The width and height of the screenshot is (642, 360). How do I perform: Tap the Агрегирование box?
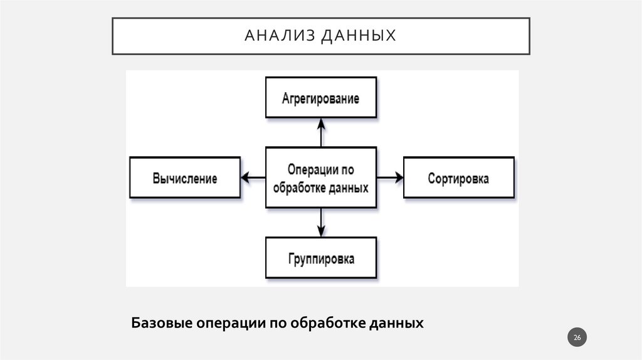[x=321, y=98]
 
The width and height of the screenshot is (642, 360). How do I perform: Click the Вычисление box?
[x=184, y=178]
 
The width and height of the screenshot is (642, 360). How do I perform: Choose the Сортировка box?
[x=458, y=178]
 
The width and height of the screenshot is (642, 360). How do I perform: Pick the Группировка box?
[x=321, y=258]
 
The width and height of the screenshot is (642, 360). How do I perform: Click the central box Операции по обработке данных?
[x=321, y=177]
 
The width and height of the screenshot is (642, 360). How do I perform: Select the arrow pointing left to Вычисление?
[x=253, y=178]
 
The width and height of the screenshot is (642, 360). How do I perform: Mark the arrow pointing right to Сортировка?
[x=390, y=178]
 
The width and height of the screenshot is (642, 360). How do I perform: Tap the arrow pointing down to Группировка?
[x=321, y=222]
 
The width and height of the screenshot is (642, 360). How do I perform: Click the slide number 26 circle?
[x=577, y=339]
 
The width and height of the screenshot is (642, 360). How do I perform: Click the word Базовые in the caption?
[x=161, y=324]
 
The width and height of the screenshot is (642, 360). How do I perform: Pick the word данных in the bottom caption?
[x=395, y=324]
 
